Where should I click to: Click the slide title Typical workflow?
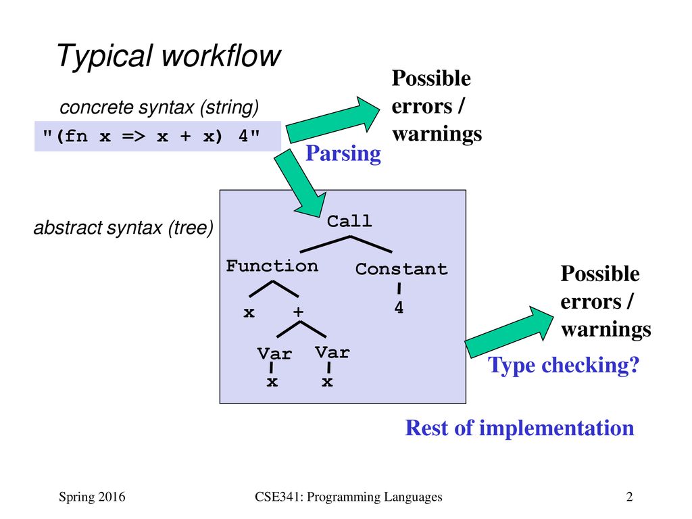click(x=168, y=57)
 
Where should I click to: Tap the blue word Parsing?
click(x=343, y=154)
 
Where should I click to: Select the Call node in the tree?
click(x=349, y=221)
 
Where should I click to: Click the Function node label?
click(x=272, y=266)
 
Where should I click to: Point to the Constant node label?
click(x=401, y=269)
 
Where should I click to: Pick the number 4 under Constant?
click(x=399, y=307)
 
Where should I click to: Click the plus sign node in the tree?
click(x=298, y=312)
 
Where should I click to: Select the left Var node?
click(x=274, y=353)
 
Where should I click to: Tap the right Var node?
click(x=332, y=352)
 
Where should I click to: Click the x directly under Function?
click(x=249, y=313)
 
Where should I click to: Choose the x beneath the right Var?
click(x=327, y=382)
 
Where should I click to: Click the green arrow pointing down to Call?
click(x=301, y=183)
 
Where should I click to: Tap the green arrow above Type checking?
click(x=509, y=332)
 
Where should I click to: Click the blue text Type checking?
click(x=564, y=366)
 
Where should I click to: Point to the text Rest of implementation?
click(x=520, y=428)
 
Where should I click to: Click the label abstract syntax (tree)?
click(x=124, y=228)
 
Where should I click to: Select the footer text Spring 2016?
click(x=92, y=497)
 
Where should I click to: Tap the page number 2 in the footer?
click(x=630, y=497)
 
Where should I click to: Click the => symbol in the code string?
click(x=133, y=136)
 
